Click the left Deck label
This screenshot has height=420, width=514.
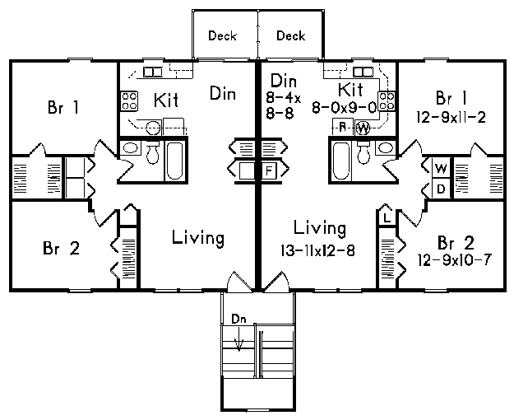tap(222, 35)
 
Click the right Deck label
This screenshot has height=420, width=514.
tap(291, 35)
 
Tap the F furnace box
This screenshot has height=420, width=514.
tap(269, 170)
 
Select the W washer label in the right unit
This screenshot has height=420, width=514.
tap(441, 169)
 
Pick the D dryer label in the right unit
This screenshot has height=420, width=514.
tap(442, 189)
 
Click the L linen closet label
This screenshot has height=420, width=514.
tap(387, 217)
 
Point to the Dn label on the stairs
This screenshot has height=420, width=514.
tap(238, 319)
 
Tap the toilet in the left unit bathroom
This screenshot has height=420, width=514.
tap(152, 152)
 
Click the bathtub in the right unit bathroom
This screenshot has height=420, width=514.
tap(341, 161)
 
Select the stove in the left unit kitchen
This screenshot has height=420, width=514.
tap(129, 100)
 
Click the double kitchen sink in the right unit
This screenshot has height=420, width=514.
tap(362, 72)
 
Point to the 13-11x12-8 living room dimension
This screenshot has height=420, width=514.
tap(317, 251)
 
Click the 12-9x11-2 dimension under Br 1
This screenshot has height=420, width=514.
tap(451, 117)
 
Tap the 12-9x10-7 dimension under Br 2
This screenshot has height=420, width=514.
tap(455, 260)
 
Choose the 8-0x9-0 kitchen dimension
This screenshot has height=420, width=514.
tap(344, 107)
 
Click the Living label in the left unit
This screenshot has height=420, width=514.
tap(198, 238)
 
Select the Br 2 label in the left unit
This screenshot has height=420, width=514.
tap(62, 248)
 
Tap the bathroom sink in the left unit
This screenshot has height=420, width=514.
tap(131, 148)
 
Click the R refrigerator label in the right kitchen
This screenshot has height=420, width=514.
tap(343, 127)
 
